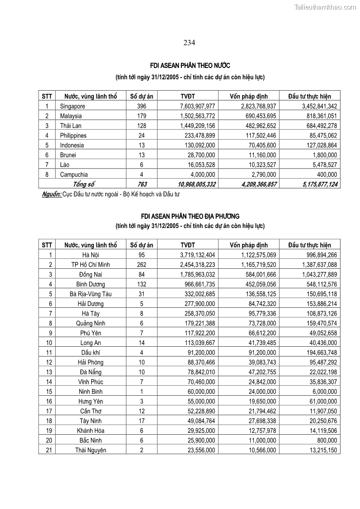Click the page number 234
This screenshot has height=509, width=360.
189,43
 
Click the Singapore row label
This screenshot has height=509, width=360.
73,106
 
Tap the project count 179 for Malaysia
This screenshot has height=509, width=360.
141,116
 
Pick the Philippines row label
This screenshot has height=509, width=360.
73,136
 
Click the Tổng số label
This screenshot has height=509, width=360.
83,184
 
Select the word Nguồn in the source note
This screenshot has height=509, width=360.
51,194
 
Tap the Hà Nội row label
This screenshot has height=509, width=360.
91,255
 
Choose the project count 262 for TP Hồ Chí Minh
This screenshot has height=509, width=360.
141,265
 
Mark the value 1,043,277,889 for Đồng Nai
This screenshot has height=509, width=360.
313,275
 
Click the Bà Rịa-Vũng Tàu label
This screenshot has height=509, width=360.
91,294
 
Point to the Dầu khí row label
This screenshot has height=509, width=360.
91,353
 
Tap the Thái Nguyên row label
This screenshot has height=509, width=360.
91,450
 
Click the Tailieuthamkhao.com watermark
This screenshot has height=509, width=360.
325,7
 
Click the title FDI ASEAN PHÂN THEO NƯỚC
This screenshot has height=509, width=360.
190,66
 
